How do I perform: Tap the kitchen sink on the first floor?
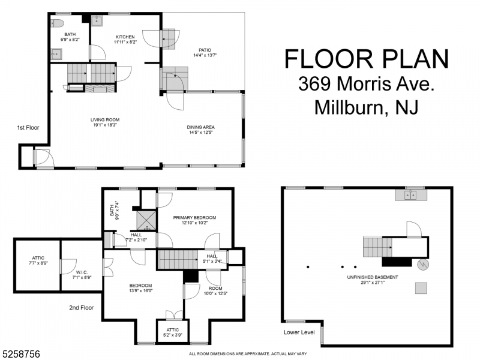97,20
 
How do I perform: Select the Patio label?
205,50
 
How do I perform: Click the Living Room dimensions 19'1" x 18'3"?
104,125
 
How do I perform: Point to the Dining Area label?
201,127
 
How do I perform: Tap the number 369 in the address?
314,83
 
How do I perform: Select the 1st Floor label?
28,128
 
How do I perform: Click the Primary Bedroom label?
194,218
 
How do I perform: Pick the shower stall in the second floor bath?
146,220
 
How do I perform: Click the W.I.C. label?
82,272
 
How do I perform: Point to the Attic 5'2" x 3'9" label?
173,332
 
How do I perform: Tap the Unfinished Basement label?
373,277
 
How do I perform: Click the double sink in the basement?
410,194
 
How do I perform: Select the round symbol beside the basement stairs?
423,265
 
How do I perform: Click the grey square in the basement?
421,288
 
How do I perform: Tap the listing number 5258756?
20,354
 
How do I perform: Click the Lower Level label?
299,332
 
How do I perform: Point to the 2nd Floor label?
82,308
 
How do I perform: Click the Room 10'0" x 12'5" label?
215,290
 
